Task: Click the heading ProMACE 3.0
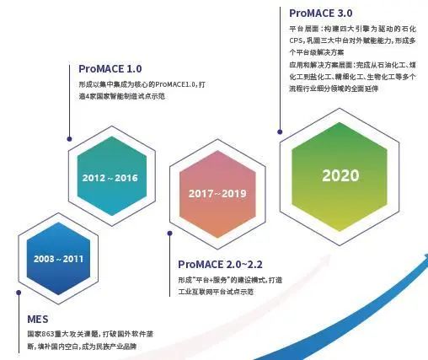coord(319,13)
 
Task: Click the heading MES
coord(36,319)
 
